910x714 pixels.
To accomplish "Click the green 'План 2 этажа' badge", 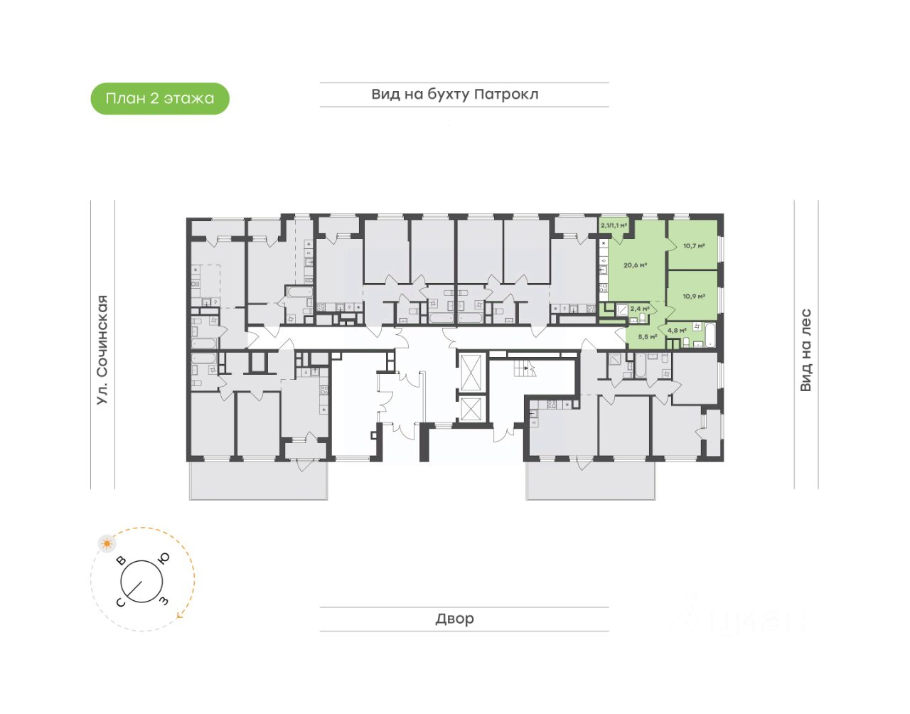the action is [x=160, y=99].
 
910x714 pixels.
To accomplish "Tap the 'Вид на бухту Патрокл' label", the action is [x=455, y=94].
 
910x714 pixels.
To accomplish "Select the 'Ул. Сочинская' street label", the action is [x=102, y=350].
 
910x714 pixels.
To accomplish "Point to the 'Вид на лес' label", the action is [x=805, y=350].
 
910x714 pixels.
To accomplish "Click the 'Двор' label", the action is [x=455, y=619].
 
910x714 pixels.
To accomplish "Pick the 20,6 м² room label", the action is [x=635, y=265].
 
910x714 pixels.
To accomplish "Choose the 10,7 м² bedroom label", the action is [x=694, y=246].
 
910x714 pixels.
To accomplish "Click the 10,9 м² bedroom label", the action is [x=694, y=296].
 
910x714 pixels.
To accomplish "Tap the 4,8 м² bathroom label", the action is [x=676, y=330].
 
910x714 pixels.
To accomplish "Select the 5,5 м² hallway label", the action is [x=647, y=336].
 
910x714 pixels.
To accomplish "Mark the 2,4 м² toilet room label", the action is [x=639, y=309].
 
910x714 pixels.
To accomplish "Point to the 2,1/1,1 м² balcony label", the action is [x=614, y=225].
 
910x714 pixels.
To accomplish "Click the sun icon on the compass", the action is [x=107, y=544].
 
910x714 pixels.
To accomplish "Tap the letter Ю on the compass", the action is [x=164, y=558].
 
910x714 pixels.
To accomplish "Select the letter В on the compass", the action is [x=122, y=560].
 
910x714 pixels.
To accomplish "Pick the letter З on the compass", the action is [x=164, y=601].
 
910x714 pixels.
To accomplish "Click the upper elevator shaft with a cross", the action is [x=471, y=371].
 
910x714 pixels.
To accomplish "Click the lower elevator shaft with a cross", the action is [x=471, y=410].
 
